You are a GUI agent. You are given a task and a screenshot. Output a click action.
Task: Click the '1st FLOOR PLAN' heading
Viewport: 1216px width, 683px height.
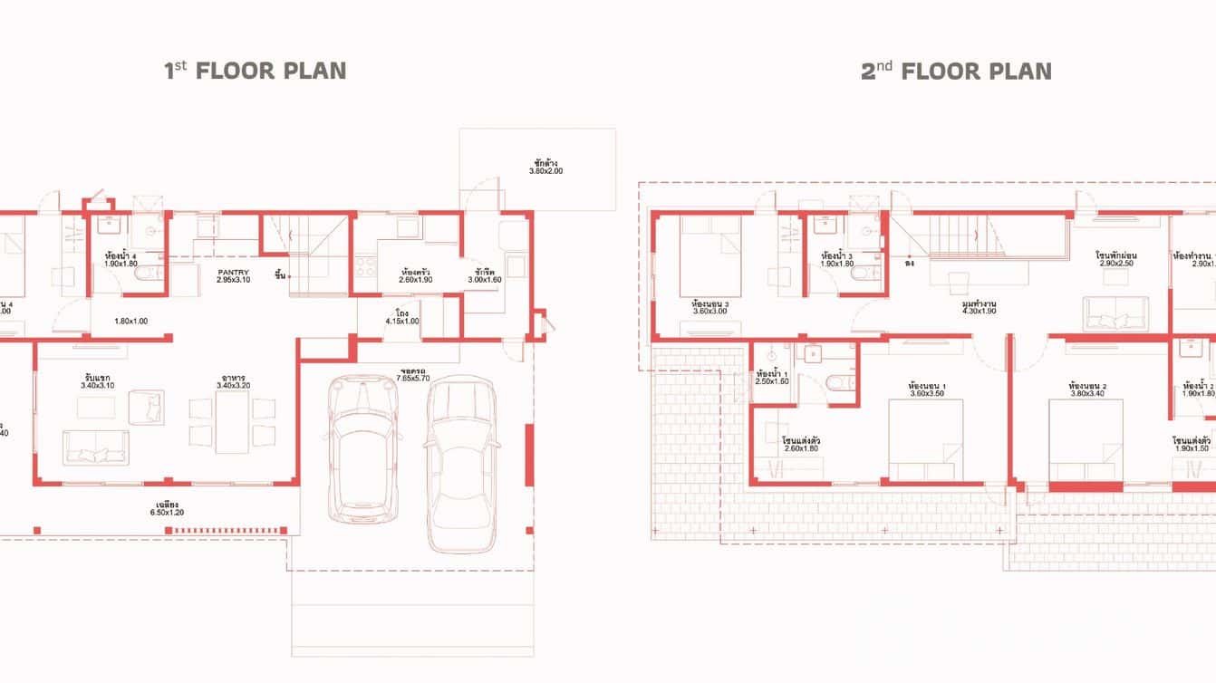(x=255, y=71)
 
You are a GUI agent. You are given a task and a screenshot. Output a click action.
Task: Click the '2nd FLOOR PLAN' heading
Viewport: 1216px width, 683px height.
(x=956, y=71)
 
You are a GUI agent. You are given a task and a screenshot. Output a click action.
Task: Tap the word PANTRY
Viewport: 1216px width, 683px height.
(x=233, y=272)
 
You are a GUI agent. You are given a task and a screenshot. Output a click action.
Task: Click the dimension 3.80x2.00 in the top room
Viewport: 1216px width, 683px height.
(x=545, y=170)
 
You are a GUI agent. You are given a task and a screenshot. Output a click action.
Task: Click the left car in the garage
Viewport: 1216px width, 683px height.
(x=362, y=448)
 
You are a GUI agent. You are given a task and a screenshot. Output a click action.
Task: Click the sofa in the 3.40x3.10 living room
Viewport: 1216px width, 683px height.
(x=95, y=447)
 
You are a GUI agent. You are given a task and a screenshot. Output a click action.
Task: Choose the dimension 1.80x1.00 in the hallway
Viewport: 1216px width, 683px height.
(x=130, y=321)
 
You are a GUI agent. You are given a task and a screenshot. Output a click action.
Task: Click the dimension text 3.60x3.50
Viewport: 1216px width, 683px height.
(x=927, y=394)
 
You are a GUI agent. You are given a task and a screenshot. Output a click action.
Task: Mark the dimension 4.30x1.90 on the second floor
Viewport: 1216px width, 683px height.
(x=979, y=311)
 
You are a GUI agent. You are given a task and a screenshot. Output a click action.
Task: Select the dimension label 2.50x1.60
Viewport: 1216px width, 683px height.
(x=772, y=381)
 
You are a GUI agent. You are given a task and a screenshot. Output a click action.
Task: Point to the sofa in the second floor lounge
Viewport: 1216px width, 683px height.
(x=1115, y=313)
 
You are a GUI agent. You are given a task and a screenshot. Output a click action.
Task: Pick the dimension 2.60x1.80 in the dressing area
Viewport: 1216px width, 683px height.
(x=800, y=447)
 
